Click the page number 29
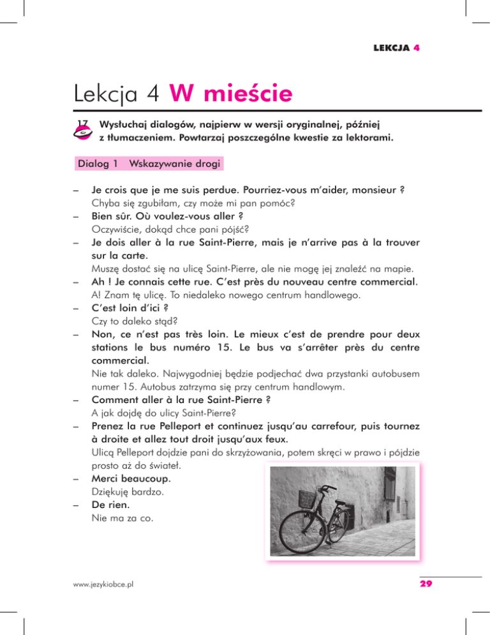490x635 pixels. (x=426, y=583)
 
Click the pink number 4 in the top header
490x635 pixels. (x=416, y=48)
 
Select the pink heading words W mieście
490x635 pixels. (x=232, y=96)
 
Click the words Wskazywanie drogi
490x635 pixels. (x=175, y=164)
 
